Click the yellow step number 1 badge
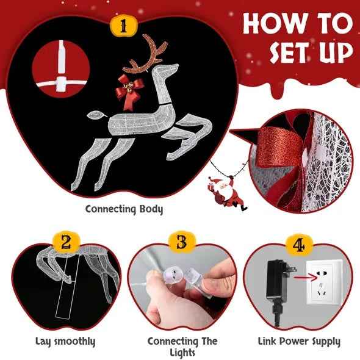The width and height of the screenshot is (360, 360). point(123,26)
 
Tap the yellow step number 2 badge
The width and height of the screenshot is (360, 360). point(66,242)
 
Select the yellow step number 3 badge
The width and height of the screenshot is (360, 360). point(182,242)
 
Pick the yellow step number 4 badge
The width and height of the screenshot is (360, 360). point(299,245)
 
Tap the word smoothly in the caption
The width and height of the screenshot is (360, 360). point(75,342)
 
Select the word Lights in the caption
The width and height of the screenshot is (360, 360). point(182,353)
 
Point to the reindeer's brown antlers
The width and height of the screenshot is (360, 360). point(145,54)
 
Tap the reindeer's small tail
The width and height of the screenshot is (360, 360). point(96,115)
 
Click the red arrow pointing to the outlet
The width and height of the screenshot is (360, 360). point(304,278)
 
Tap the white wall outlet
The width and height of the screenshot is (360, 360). point(325,282)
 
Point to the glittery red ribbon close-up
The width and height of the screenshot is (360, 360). point(279,147)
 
